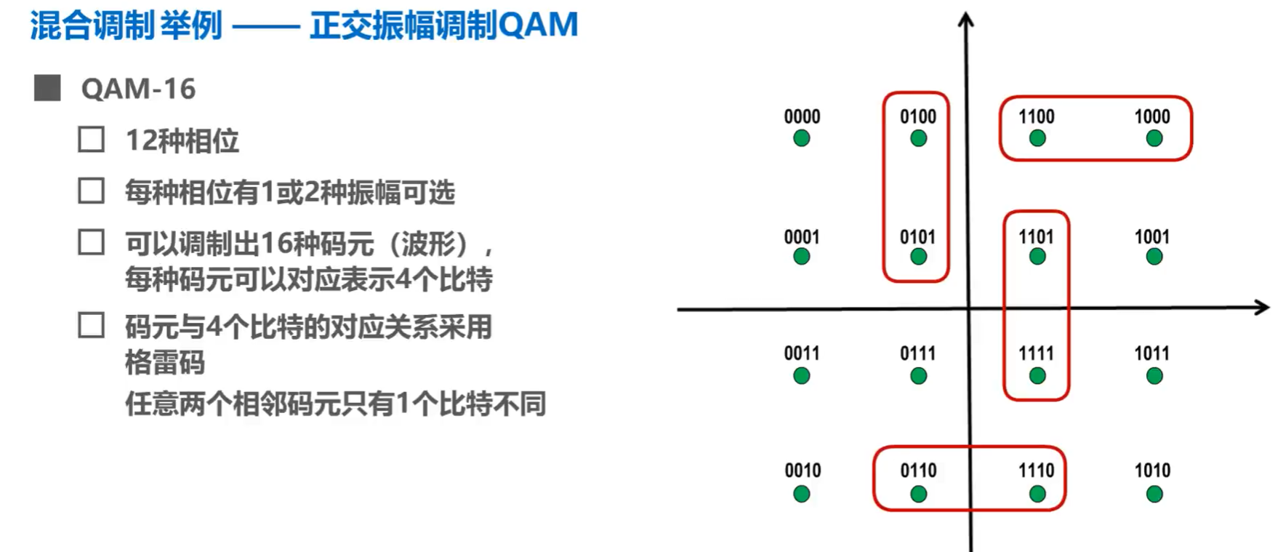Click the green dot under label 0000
click(801, 138)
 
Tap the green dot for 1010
click(1154, 495)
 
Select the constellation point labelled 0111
click(918, 376)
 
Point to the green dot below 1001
click(1154, 257)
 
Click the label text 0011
click(802, 354)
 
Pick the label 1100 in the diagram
click(1036, 117)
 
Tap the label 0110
click(918, 471)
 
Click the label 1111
click(1036, 354)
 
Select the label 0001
click(802, 237)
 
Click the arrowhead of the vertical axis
click(965, 20)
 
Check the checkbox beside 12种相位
click(91, 140)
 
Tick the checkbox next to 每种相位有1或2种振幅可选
click(91, 191)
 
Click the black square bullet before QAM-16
click(47, 88)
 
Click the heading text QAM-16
click(138, 89)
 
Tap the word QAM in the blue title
click(538, 25)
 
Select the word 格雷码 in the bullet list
click(164, 362)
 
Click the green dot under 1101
click(1037, 257)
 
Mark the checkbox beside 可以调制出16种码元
click(91, 243)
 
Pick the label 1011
click(1152, 354)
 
